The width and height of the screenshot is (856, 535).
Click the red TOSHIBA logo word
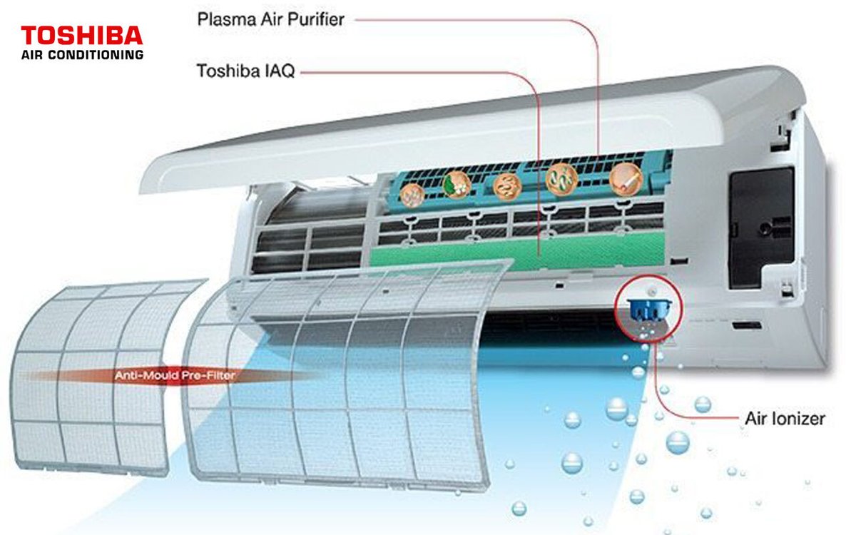pos(82,36)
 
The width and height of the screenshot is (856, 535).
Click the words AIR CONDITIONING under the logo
pos(82,54)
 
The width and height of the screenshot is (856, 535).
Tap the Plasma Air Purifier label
pos(270,19)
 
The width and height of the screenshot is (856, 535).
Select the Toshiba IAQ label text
pos(245,71)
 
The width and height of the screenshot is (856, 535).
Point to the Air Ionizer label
pos(784,418)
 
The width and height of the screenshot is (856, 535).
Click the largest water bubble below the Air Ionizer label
pos(677,442)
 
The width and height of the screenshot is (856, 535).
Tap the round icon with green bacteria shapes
pos(559,179)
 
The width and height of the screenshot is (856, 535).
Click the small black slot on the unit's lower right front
pos(745,326)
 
